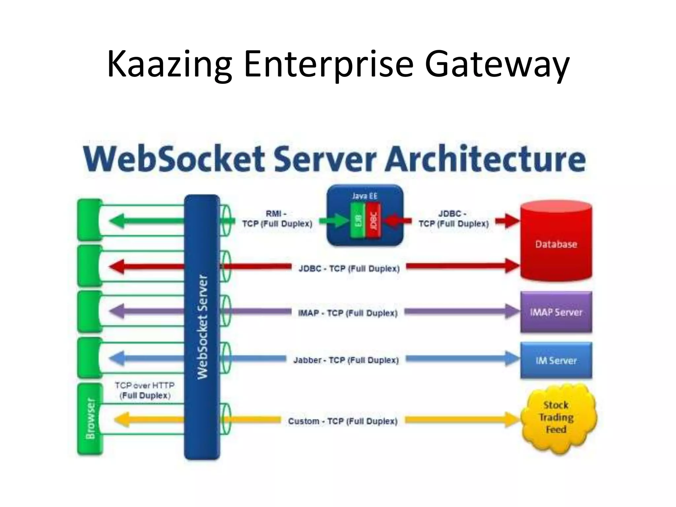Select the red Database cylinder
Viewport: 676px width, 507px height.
click(556, 244)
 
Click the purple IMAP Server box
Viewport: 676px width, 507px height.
click(556, 312)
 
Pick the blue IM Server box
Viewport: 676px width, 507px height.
click(556, 360)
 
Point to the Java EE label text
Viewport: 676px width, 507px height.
click(364, 196)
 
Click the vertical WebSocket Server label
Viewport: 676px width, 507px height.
click(202, 327)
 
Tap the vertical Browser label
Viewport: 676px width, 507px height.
click(90, 419)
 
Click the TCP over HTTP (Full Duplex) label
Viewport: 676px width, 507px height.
click(145, 390)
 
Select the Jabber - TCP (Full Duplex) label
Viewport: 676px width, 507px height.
click(346, 360)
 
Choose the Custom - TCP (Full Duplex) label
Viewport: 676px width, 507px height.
click(343, 422)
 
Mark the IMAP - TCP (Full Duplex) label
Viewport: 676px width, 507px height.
click(348, 313)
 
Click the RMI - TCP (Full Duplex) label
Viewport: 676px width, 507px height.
click(277, 219)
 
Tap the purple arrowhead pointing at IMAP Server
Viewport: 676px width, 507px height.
click(512, 312)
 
